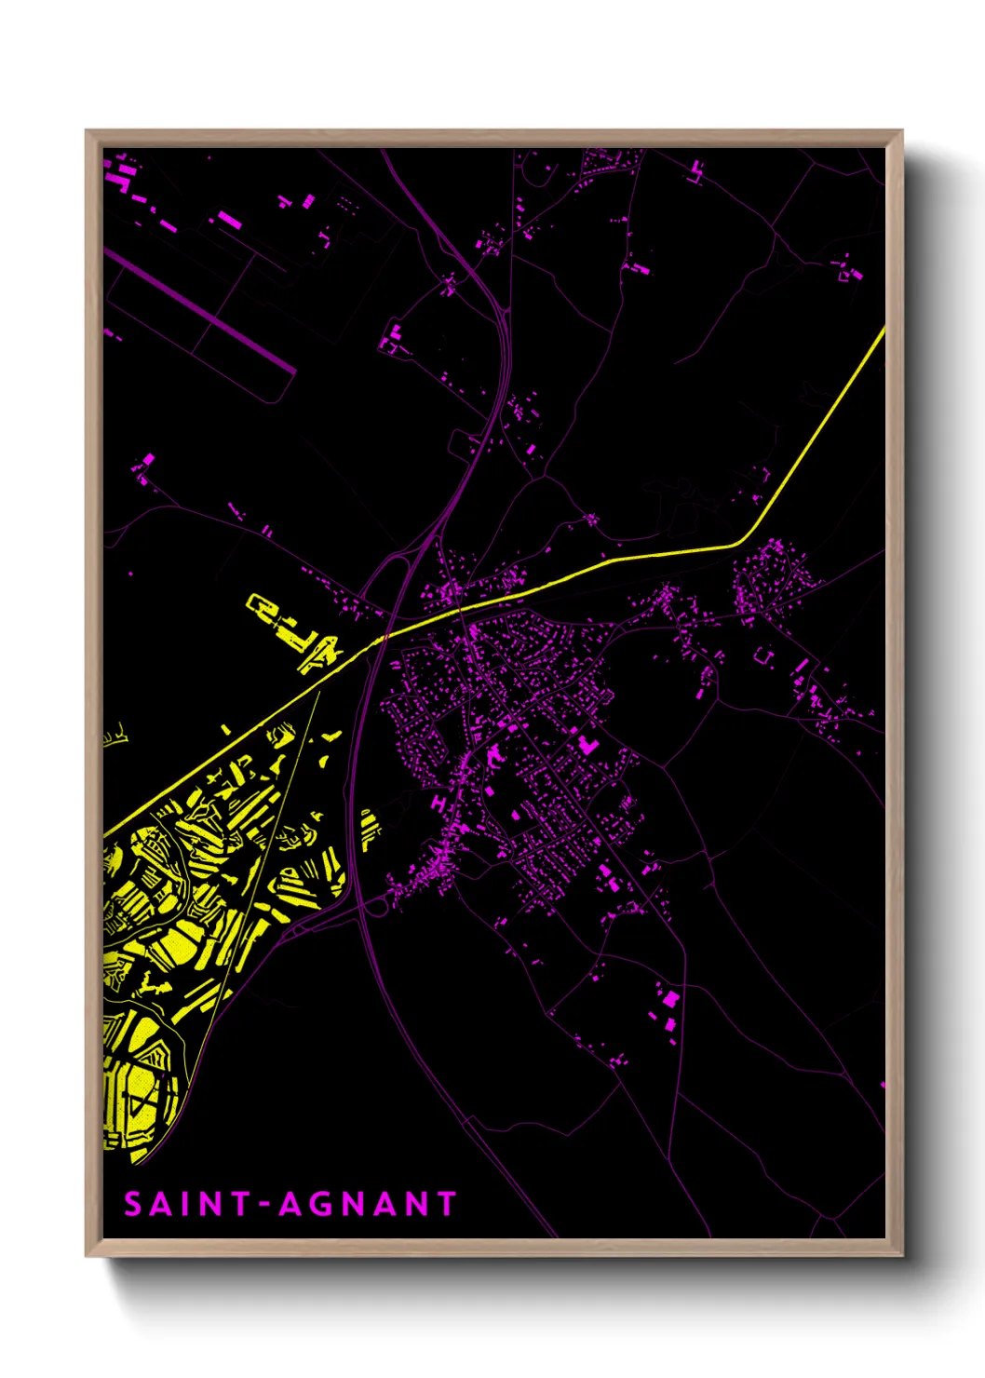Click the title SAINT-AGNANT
coord(290,1204)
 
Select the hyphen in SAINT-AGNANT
coord(264,1205)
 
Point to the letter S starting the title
coord(133,1204)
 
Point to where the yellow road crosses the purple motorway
coord(385,638)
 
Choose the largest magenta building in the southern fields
coord(668,998)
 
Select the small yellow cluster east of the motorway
coord(370,828)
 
